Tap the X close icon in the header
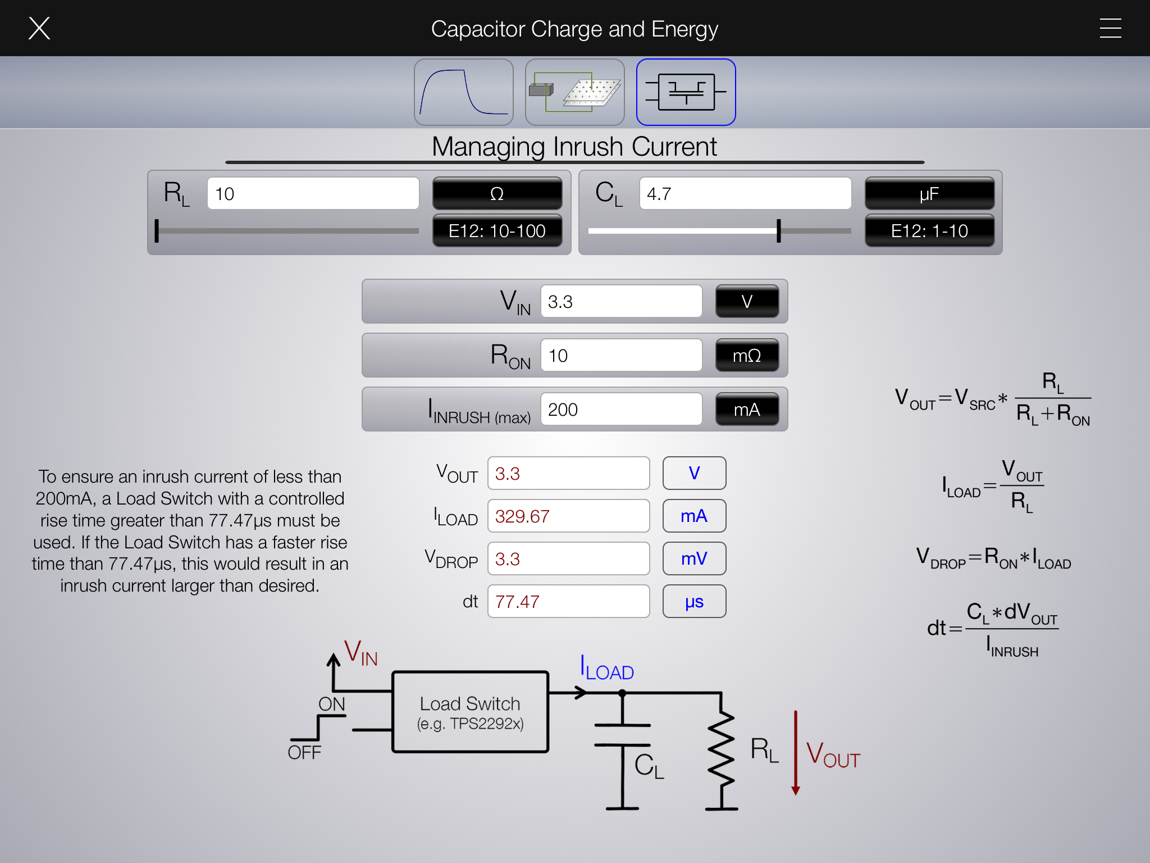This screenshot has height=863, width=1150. click(39, 28)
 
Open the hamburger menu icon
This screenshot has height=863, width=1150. click(1110, 28)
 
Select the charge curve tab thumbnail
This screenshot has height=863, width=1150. click(464, 92)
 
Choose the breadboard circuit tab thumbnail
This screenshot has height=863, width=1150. click(574, 92)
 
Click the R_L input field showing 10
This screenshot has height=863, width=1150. click(313, 194)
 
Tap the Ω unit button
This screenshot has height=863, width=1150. click(497, 194)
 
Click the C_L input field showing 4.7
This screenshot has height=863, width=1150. click(745, 194)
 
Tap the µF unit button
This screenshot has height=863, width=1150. click(929, 194)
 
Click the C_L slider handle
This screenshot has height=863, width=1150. click(779, 231)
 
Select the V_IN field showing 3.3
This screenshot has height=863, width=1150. click(621, 302)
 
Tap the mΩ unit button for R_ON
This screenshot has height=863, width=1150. click(747, 356)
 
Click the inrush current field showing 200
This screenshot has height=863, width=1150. click(621, 410)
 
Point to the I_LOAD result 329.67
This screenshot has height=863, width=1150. click(568, 516)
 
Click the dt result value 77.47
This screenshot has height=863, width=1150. click(568, 602)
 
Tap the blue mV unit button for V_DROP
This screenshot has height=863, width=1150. click(694, 559)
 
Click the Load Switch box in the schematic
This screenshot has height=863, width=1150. click(470, 712)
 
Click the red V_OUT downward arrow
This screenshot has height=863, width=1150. click(796, 753)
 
